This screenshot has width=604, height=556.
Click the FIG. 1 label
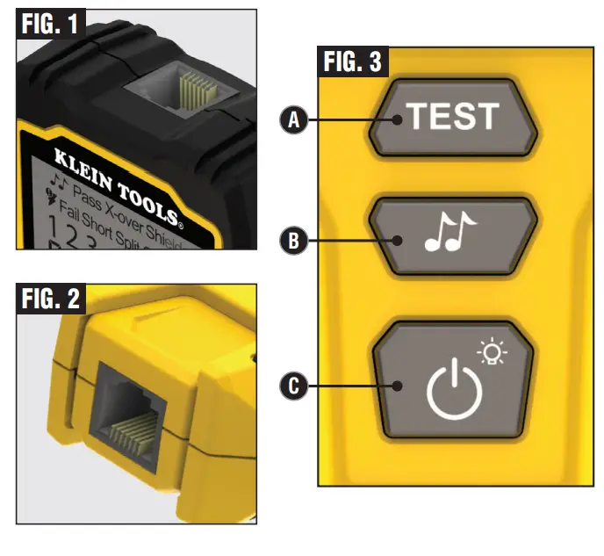[x=50, y=24]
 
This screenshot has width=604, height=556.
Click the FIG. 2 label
[x=50, y=299]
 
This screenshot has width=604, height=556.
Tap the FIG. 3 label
[x=351, y=62]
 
